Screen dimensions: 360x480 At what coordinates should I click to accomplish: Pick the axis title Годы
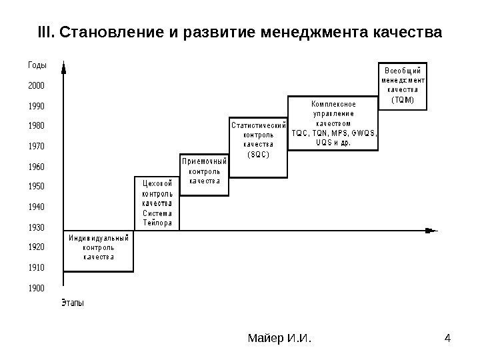37,65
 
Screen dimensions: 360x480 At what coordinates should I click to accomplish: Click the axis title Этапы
73,304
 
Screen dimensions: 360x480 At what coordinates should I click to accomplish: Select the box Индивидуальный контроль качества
99,251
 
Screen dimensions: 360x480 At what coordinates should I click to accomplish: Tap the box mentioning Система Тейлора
157,203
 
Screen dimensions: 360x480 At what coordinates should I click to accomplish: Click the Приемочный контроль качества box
205,175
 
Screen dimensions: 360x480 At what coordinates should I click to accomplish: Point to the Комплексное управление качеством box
333,123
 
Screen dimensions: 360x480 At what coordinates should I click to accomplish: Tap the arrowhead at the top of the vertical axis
63,67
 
